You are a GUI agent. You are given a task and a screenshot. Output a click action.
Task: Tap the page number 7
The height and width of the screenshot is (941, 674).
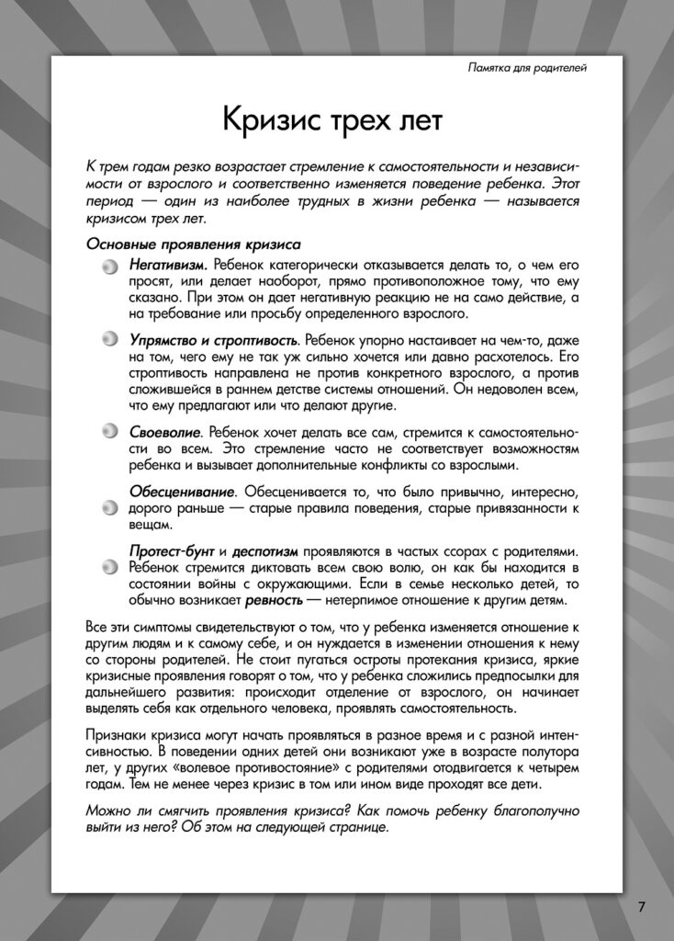pyautogui.click(x=642, y=906)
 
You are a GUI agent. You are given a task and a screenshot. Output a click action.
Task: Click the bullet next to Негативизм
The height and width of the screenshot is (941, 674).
pyautogui.click(x=110, y=266)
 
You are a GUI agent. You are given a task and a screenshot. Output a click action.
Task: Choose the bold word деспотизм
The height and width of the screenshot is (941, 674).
pyautogui.click(x=264, y=550)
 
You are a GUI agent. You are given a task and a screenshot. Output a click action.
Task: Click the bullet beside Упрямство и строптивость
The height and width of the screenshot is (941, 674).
pyautogui.click(x=110, y=340)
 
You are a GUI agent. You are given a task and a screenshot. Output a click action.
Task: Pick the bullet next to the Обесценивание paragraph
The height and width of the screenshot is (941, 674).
pyautogui.click(x=110, y=507)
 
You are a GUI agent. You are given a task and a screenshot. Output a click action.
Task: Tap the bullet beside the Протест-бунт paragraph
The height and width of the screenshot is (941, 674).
pyautogui.click(x=110, y=567)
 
